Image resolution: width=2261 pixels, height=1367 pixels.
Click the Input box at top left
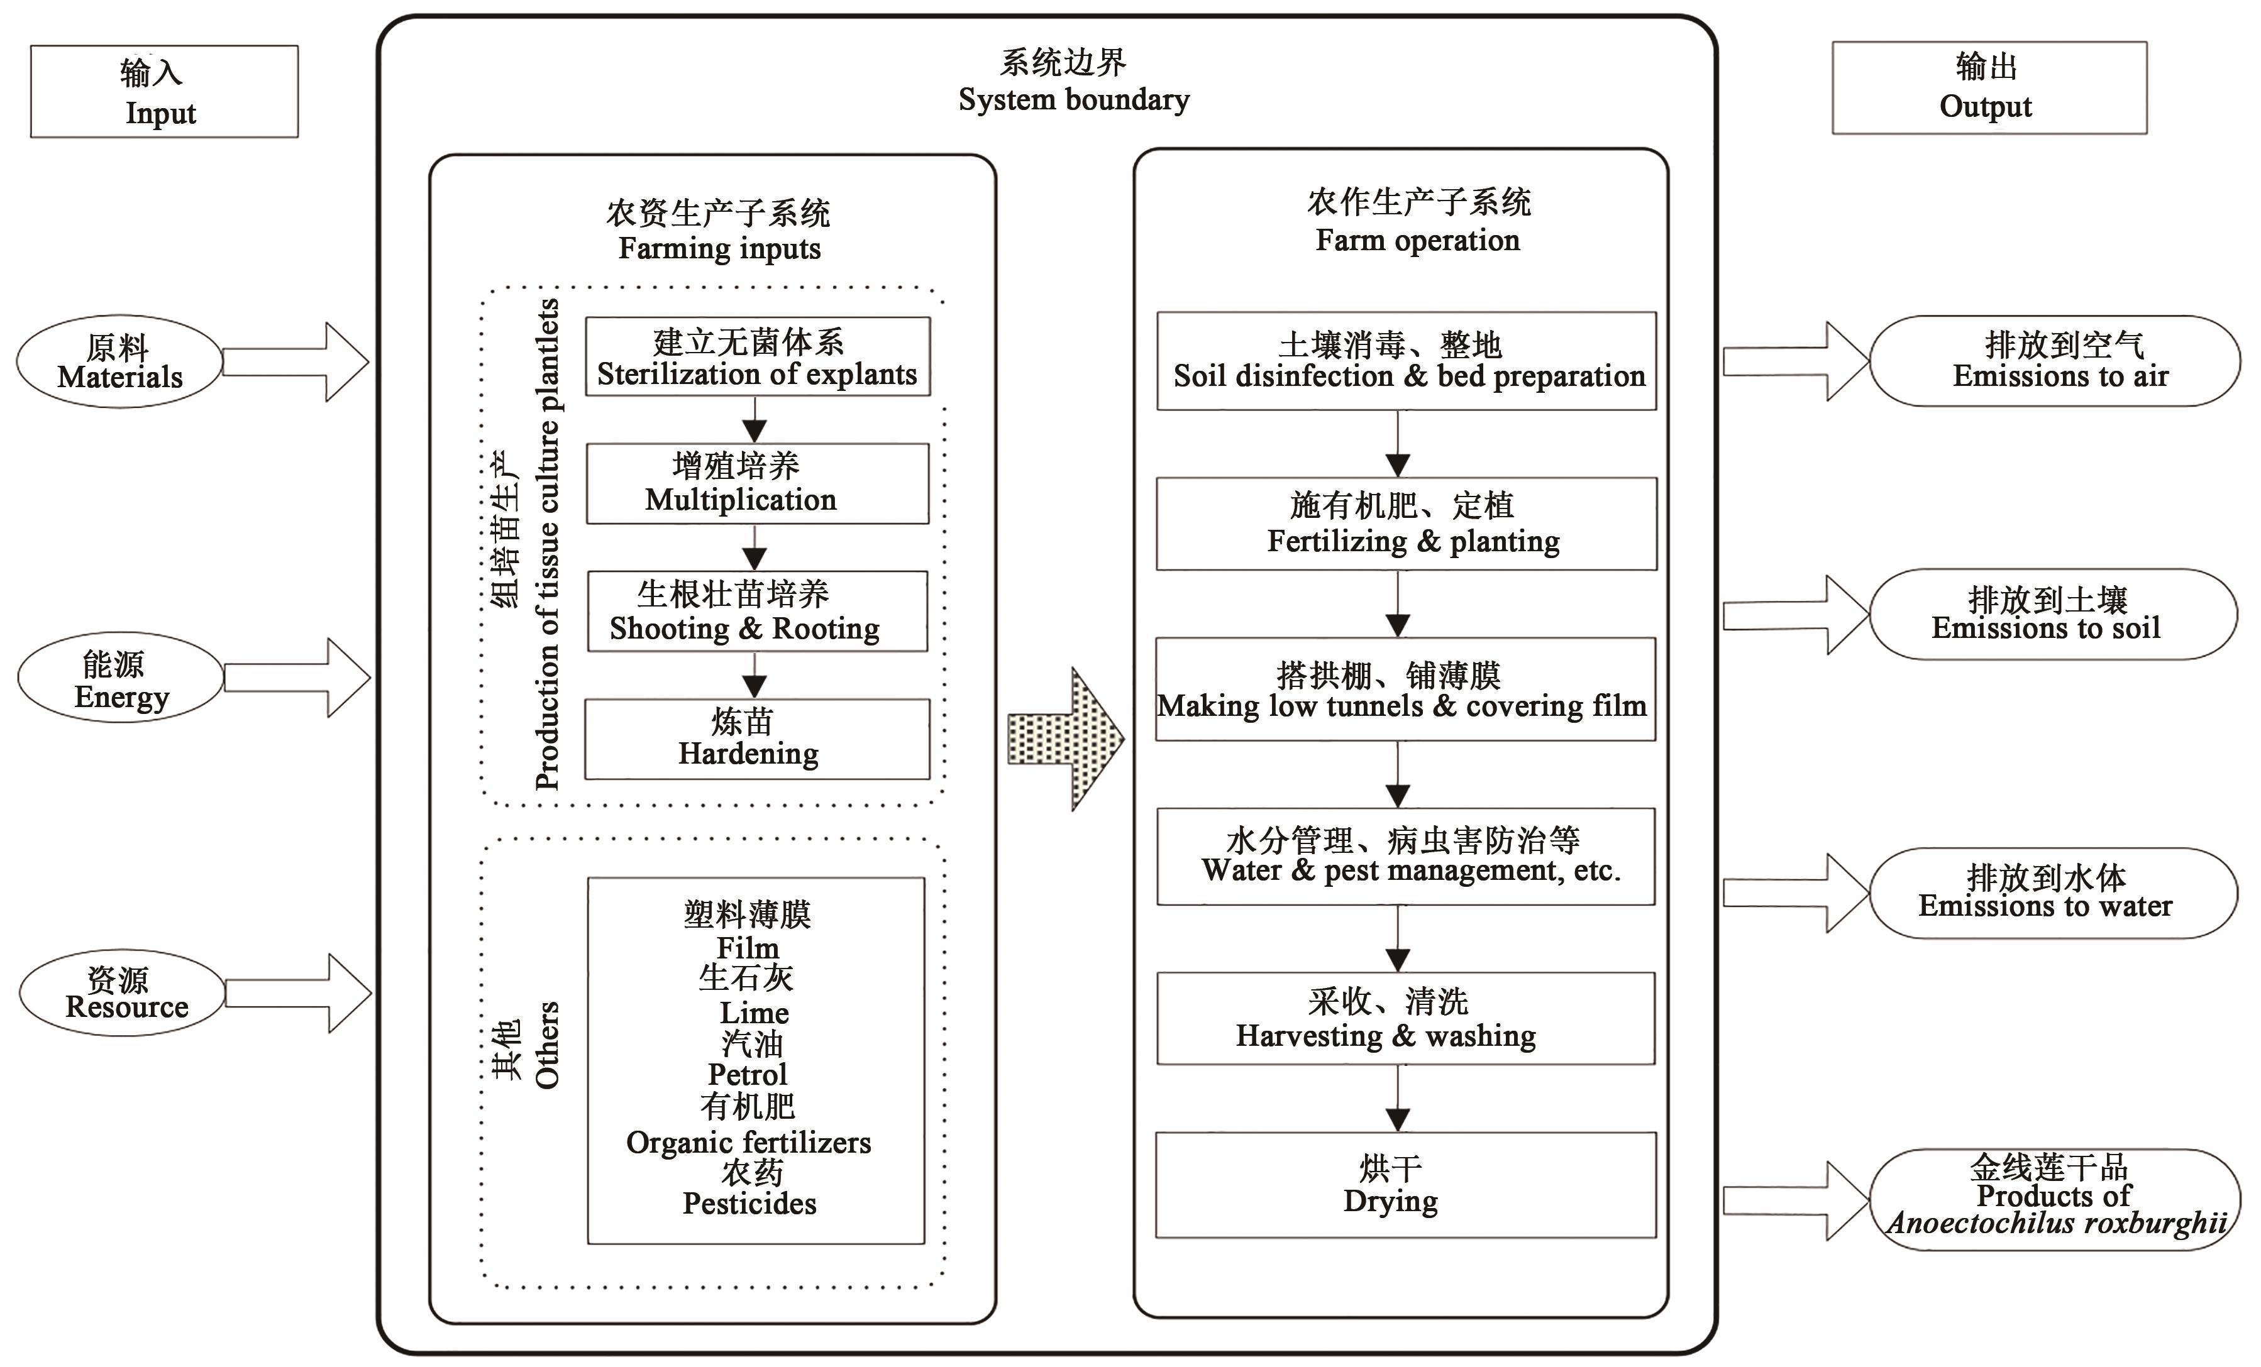[164, 92]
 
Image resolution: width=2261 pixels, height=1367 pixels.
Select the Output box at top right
[1989, 88]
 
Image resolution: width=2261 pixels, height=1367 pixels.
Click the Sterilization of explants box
[757, 357]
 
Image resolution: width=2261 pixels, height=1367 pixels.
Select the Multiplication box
[757, 483]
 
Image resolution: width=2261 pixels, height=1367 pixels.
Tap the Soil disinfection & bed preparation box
[1406, 361]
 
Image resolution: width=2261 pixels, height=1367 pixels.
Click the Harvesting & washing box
[1406, 1018]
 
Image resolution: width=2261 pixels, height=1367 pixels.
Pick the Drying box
[1406, 1185]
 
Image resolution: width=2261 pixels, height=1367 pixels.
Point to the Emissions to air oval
[2055, 361]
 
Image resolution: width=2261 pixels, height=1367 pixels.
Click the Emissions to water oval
[2054, 892]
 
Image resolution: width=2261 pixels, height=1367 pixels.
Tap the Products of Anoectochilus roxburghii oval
[2055, 1199]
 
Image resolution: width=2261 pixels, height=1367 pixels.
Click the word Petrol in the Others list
[748, 1074]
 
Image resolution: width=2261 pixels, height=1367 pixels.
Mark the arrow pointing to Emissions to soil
[1794, 615]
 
